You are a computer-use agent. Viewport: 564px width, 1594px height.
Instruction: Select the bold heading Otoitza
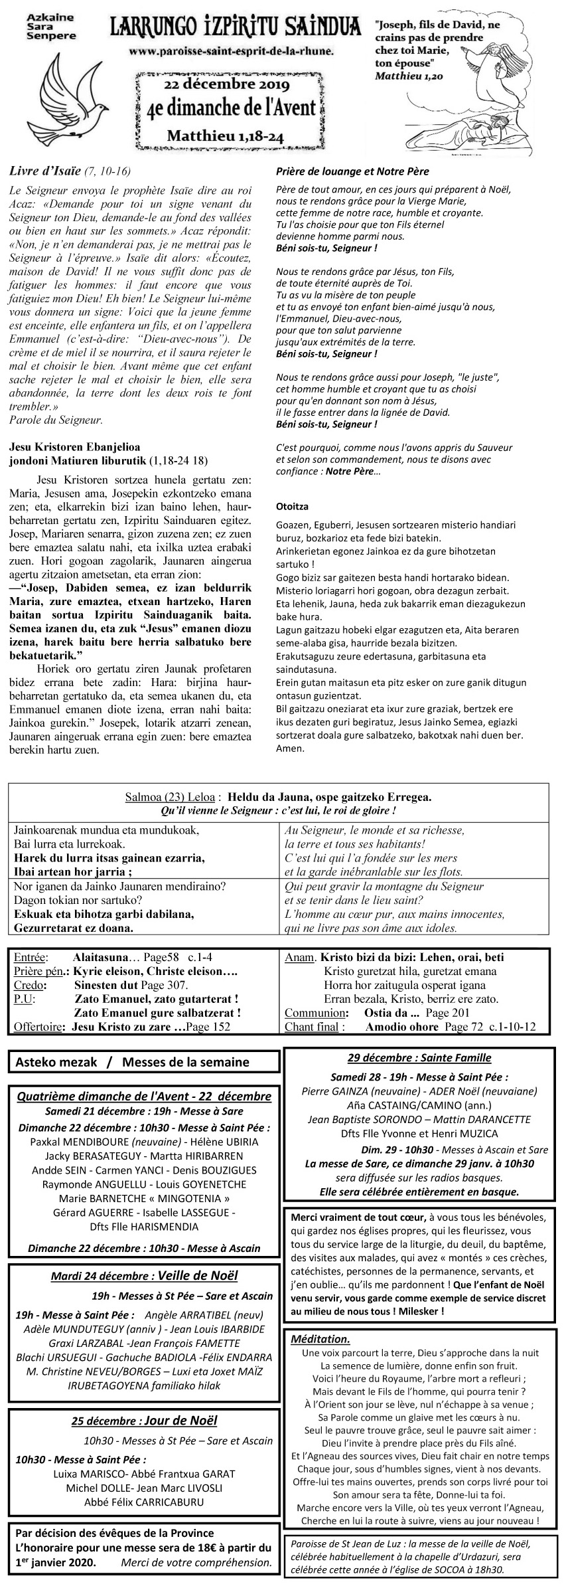point(292,506)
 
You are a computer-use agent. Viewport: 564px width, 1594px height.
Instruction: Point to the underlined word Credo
point(30,984)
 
